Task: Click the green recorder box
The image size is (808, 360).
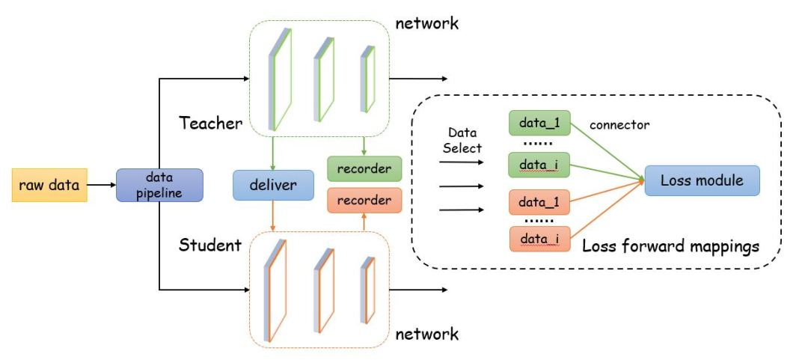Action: pos(364,169)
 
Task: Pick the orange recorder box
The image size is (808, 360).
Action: pos(364,201)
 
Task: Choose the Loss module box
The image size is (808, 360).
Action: pos(702,180)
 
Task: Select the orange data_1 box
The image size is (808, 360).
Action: pos(539,202)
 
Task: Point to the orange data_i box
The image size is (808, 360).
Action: pos(539,239)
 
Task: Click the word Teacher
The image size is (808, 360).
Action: pos(210,123)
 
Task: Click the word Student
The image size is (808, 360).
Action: pos(210,245)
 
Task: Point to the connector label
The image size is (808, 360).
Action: pos(619,124)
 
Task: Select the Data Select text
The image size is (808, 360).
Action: pos(462,141)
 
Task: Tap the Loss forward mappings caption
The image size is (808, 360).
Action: pos(670,245)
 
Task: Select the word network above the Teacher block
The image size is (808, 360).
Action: pos(427,23)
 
